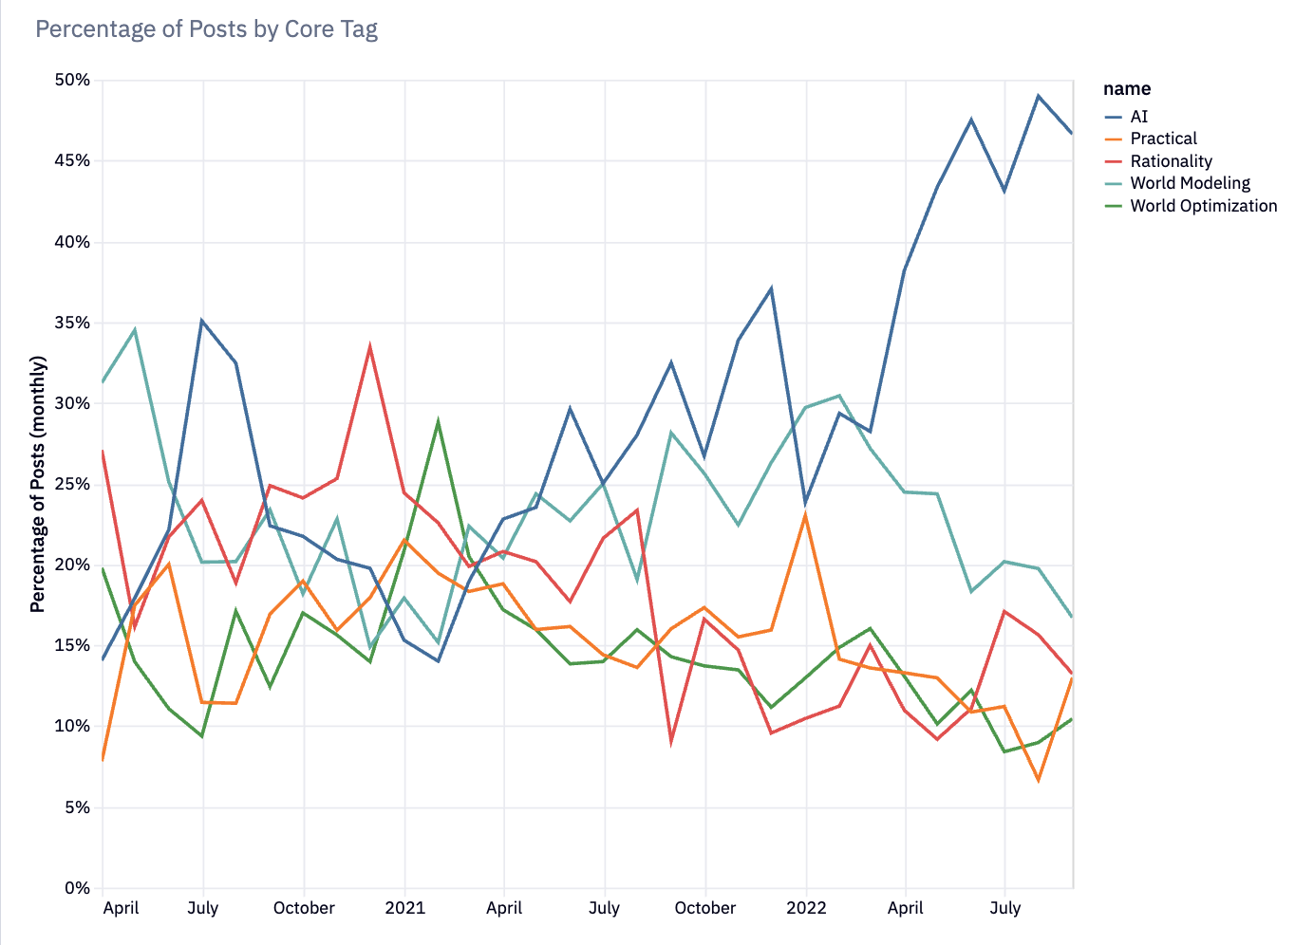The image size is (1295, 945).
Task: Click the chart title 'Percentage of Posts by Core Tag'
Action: (206, 29)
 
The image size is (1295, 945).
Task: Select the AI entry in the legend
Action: (1138, 117)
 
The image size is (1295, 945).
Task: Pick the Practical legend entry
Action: (1163, 139)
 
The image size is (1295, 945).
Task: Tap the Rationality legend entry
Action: (1171, 161)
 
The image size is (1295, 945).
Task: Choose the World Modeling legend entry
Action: (1190, 183)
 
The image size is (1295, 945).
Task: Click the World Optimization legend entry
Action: (1203, 206)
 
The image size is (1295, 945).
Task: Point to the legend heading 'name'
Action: (1127, 89)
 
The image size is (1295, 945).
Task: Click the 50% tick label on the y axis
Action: (72, 81)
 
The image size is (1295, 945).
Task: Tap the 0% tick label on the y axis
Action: (77, 889)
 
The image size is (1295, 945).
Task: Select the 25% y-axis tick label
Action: (72, 485)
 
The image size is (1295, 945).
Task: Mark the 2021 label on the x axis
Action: (404, 908)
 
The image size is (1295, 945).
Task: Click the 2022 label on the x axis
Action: (806, 908)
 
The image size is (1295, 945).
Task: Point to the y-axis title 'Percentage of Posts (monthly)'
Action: (38, 484)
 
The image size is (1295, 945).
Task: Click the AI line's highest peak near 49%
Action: (1039, 96)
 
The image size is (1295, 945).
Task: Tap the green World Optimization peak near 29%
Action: (438, 420)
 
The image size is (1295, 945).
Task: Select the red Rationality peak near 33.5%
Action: (370, 346)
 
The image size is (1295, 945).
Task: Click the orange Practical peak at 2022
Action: (805, 514)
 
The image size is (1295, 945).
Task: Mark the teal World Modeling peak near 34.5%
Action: (135, 330)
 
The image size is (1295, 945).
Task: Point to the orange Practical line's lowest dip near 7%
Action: (1039, 780)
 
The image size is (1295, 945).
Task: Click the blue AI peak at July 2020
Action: (202, 321)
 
